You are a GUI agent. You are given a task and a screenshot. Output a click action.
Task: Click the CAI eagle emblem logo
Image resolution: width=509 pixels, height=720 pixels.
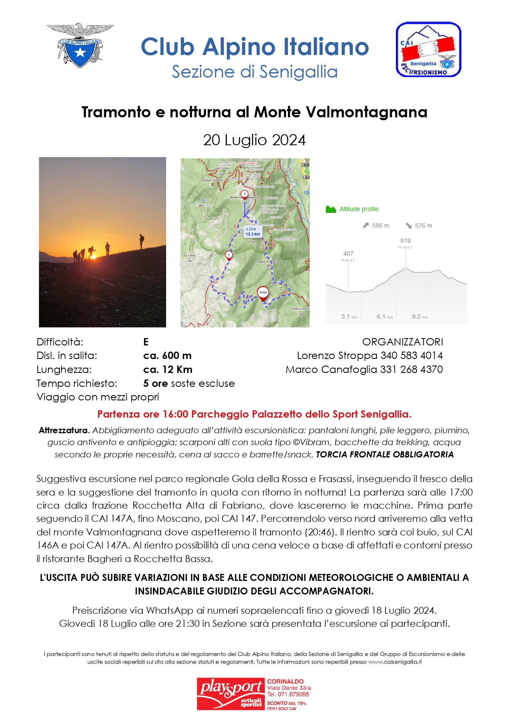pos(80,45)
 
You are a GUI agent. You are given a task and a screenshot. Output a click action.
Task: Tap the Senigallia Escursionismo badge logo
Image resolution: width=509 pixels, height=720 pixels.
pos(428,49)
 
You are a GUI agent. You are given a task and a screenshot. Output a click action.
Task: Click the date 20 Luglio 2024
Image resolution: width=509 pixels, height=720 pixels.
pos(254,140)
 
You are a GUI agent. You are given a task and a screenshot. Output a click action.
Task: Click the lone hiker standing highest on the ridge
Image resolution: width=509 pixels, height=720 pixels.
pos(142,241)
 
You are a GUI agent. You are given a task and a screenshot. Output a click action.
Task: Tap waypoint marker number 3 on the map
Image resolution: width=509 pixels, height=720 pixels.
pos(244,194)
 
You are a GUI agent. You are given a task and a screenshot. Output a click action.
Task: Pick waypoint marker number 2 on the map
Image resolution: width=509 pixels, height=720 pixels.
pos(228,255)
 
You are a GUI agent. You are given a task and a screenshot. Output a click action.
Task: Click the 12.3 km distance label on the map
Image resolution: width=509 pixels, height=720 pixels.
pos(253,234)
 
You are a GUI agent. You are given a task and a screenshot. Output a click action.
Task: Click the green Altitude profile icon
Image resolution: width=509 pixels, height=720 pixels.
pos(331,209)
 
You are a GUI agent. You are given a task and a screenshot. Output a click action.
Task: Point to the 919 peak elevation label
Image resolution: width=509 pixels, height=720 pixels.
pos(405,241)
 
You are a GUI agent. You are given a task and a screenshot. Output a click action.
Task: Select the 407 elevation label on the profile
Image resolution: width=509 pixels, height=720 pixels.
pos(348,254)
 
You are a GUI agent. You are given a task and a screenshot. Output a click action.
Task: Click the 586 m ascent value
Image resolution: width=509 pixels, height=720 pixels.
pos(380,226)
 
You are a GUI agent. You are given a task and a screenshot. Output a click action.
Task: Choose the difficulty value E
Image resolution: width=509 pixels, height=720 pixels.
pos(146,342)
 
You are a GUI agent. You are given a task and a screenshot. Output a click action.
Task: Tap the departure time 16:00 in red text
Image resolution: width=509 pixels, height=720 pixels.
pos(176,414)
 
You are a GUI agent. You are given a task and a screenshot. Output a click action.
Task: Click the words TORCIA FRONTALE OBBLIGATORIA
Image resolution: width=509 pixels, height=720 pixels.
pos(384,455)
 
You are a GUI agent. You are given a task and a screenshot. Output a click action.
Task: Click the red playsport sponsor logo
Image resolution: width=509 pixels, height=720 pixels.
pos(230,694)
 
